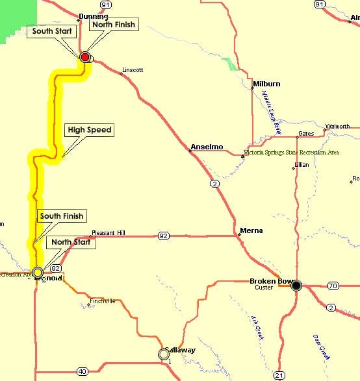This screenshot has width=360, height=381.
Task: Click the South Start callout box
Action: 53,31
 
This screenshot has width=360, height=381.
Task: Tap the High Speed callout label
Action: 90,130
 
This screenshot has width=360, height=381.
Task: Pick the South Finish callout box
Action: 62,215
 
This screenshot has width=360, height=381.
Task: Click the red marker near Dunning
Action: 84,57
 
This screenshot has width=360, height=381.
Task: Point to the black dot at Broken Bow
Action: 296,285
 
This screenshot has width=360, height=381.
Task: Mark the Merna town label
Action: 251,230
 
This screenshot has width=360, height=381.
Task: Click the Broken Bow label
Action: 268,280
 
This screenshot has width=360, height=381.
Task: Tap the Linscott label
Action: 133,69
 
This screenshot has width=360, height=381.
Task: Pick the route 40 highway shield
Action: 82,371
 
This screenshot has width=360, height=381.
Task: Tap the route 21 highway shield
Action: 279,375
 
